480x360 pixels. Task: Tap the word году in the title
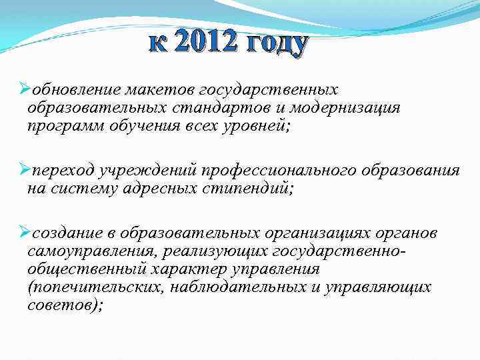277,44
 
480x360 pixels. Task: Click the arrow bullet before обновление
25,89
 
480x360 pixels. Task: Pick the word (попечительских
94,287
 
